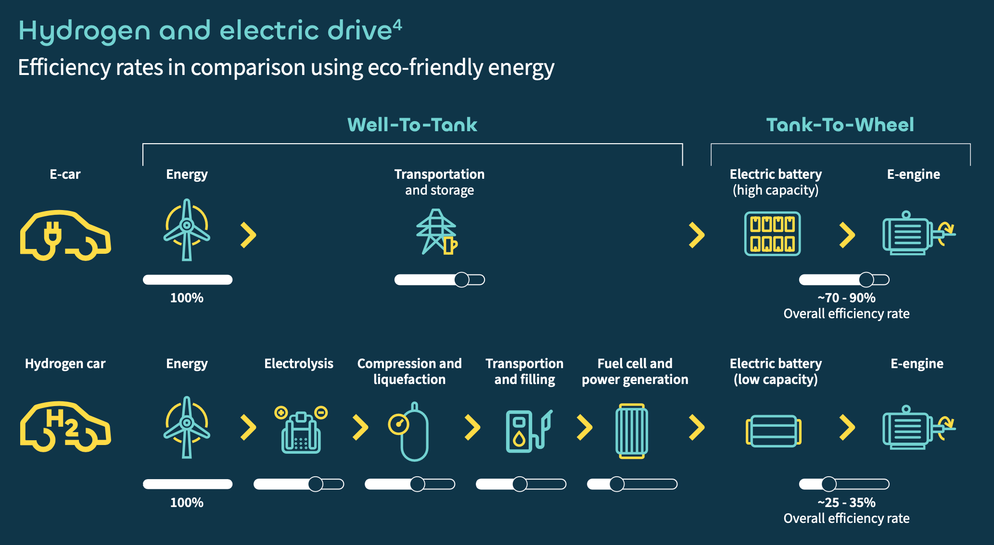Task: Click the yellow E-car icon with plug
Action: click(x=65, y=235)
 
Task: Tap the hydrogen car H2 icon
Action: click(x=65, y=427)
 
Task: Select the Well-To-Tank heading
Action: click(x=412, y=125)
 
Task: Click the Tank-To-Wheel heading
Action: click(x=840, y=125)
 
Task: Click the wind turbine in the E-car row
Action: click(x=187, y=230)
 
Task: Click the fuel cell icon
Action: click(x=632, y=431)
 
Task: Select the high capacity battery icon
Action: click(x=772, y=234)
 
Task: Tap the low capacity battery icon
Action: click(x=773, y=431)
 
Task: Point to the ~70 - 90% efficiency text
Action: click(x=846, y=298)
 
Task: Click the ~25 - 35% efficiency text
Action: click(x=846, y=503)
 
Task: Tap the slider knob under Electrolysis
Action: click(x=316, y=484)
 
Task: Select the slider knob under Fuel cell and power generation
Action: click(x=617, y=484)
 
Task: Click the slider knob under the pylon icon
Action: click(x=461, y=280)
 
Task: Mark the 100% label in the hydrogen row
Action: click(x=187, y=503)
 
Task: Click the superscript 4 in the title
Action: click(x=397, y=24)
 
